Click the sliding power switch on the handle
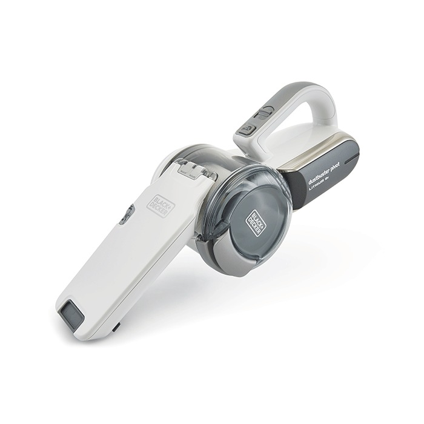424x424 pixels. coord(264,112)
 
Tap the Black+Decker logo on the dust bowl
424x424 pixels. coord(255,222)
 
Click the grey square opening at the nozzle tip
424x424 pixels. coord(71,316)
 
